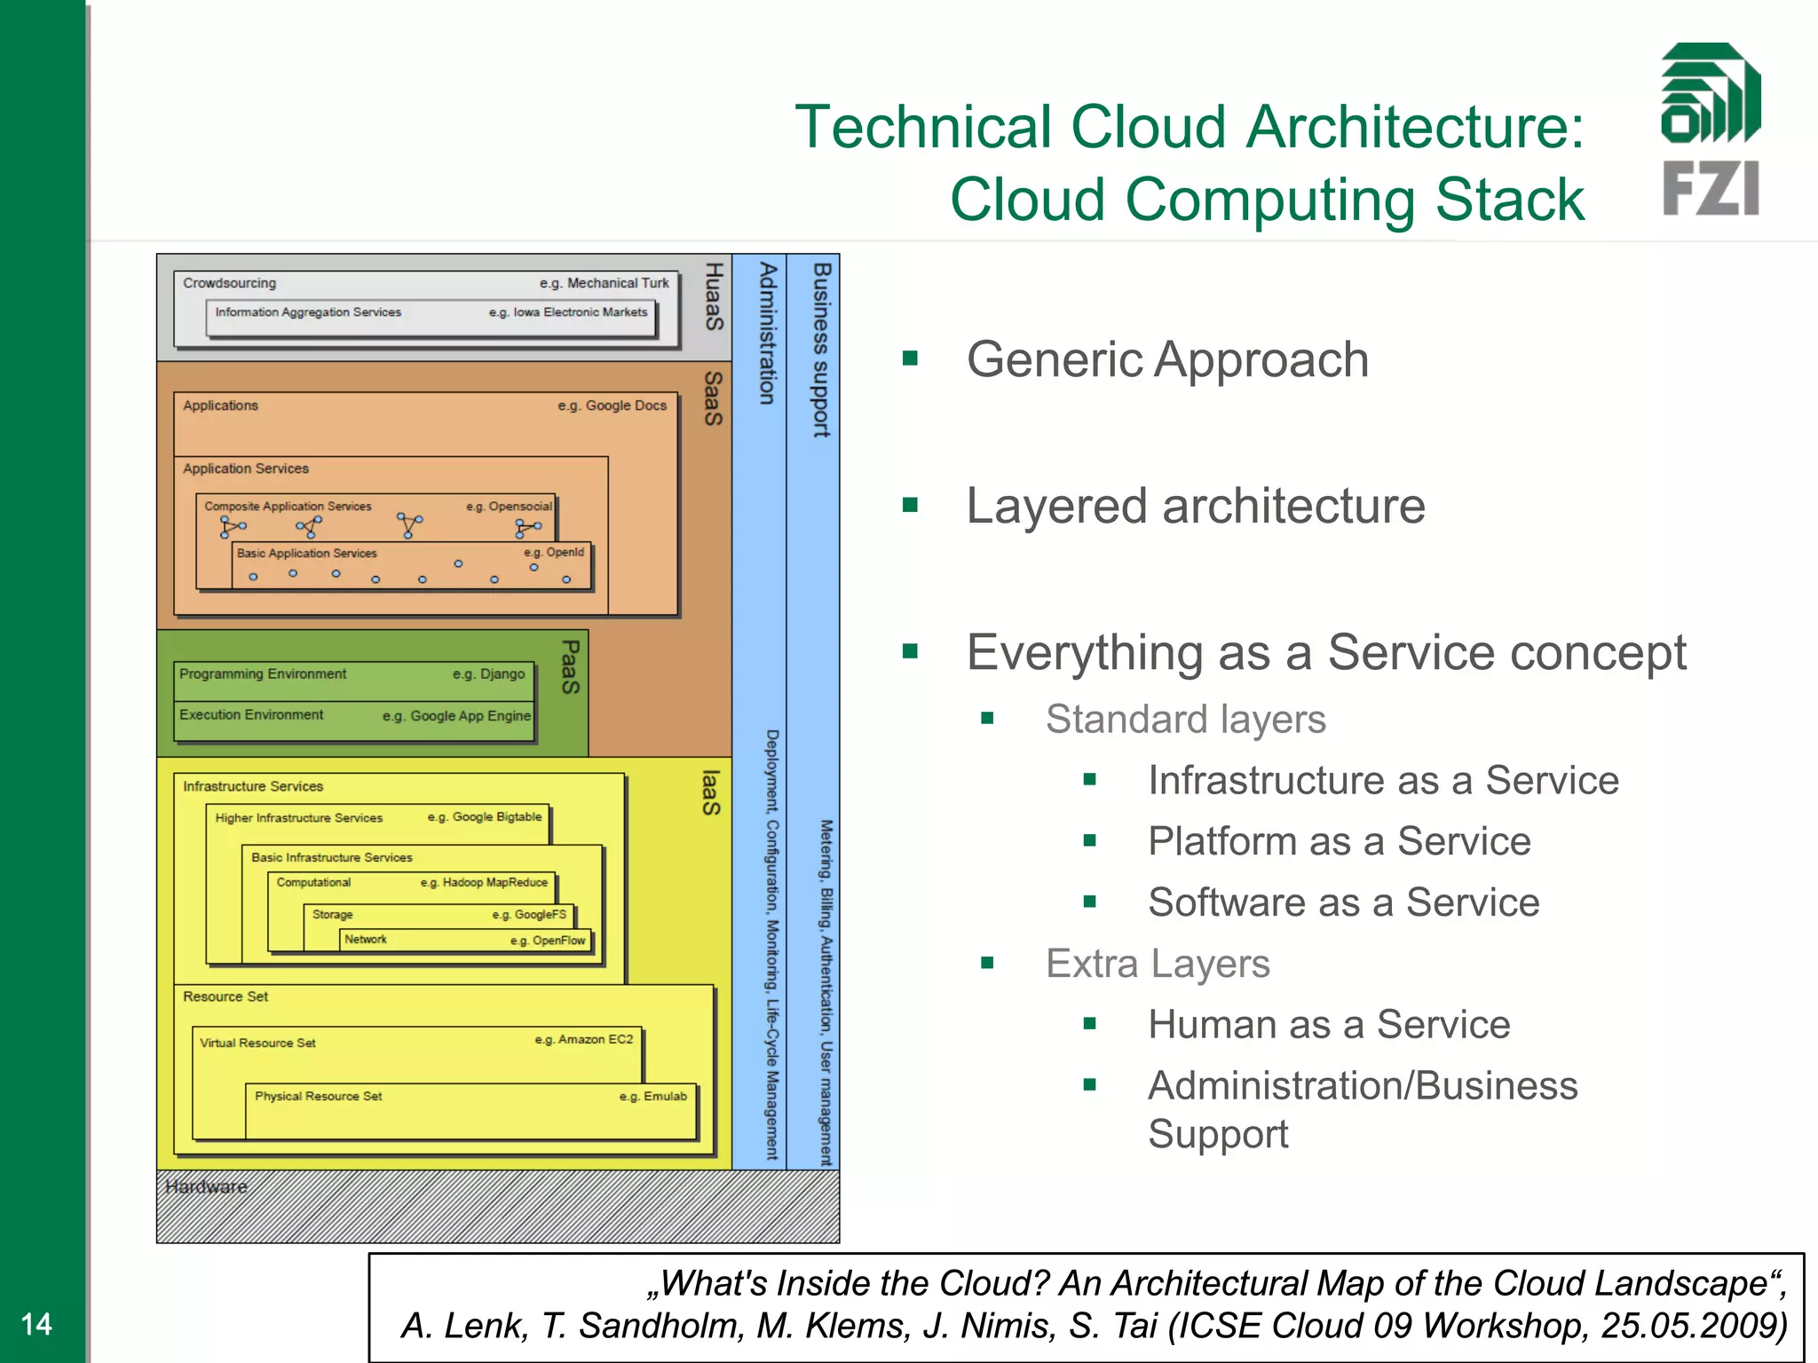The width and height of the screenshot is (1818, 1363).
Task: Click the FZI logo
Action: pos(1710,130)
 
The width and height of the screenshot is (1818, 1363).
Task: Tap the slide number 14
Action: pos(36,1324)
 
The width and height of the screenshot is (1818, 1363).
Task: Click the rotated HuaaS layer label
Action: pos(714,296)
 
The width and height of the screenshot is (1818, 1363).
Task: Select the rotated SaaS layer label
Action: pos(713,398)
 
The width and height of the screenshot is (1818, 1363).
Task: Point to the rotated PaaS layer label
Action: pos(570,667)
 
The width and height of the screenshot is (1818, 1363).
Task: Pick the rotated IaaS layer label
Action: pos(710,792)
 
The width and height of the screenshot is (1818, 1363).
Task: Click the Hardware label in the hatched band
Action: pos(206,1186)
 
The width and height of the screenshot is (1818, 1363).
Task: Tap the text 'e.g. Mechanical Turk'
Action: pos(604,283)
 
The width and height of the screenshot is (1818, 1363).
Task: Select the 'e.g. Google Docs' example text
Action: pos(612,406)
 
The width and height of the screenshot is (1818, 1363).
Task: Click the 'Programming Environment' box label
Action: pos(263,674)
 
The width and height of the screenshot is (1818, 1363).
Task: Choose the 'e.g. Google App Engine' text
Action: pos(456,715)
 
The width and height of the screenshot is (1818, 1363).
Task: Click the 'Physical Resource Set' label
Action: pos(318,1096)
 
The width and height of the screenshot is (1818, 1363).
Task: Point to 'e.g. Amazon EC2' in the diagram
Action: pos(583,1039)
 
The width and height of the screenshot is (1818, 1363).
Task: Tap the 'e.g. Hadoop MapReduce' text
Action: pos(484,882)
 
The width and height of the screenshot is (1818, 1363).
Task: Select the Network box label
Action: pos(365,939)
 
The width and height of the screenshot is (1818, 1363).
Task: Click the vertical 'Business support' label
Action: pos(821,350)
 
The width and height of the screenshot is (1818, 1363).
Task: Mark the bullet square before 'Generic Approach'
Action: pos(909,358)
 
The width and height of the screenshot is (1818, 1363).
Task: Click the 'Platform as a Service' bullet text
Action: pos(1339,841)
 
